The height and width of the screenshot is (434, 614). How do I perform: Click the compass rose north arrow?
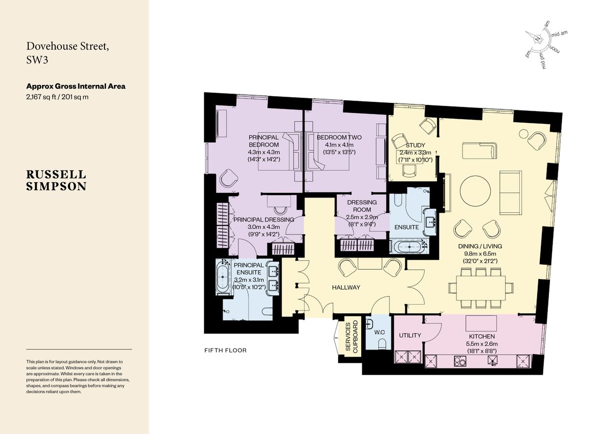click(x=537, y=39)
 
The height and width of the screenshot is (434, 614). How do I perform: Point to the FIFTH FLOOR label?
click(x=225, y=351)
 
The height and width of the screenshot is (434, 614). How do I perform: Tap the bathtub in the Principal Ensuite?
click(x=223, y=278)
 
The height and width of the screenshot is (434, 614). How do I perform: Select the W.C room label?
click(x=380, y=332)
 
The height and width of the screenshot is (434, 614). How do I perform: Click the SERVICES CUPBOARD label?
click(x=352, y=338)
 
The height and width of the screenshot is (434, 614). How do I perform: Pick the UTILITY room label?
click(x=410, y=335)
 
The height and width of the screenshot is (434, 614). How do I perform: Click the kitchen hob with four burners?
click(x=460, y=362)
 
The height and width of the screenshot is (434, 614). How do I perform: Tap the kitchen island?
click(x=480, y=323)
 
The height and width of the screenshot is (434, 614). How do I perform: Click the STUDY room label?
click(x=415, y=145)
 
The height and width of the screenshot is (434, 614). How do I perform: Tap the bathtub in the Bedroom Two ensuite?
click(x=408, y=247)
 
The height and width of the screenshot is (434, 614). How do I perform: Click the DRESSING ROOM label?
click(x=362, y=202)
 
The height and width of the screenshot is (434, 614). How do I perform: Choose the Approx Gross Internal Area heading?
click(x=76, y=86)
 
